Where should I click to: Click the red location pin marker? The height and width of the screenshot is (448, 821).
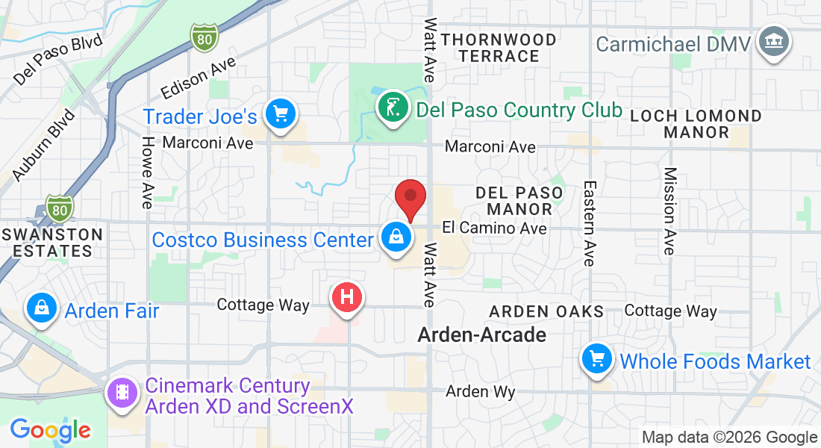410,198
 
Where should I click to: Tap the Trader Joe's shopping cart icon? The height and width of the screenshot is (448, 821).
281,115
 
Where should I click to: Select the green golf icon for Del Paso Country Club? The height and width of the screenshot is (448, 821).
393,108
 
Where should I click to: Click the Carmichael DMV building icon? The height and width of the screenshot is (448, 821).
773,42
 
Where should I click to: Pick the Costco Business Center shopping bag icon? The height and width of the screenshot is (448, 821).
396,237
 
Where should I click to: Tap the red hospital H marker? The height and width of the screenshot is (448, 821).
346,298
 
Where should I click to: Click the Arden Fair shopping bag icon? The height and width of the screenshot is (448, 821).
43,308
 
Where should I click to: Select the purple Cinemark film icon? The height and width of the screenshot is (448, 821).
122,392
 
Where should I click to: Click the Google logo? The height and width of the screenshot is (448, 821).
50,430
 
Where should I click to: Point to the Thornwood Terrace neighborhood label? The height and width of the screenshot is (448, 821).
499,48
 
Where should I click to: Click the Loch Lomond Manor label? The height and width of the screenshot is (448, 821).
696,124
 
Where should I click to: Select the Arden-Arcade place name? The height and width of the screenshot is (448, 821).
481,335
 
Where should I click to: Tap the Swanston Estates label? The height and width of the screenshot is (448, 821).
51,242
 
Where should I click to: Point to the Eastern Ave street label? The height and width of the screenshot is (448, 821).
590,223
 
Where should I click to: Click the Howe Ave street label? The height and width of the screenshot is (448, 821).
148,172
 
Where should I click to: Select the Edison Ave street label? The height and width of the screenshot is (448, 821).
199,79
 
